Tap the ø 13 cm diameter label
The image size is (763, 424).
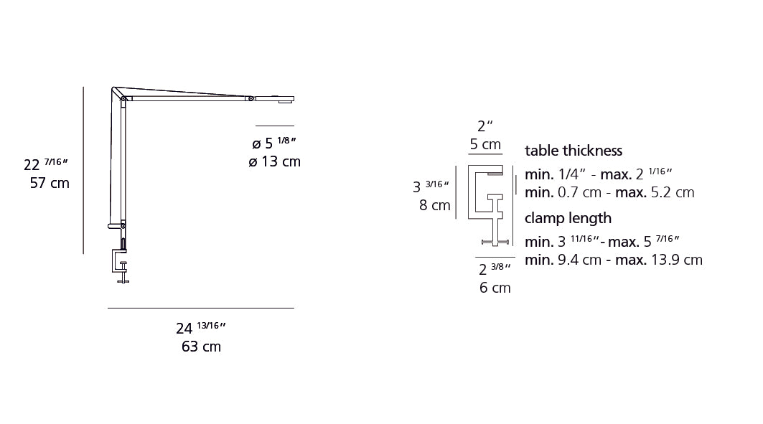274,161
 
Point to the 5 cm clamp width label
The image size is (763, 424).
485,144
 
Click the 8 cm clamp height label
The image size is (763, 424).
434,205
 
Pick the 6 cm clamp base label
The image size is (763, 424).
495,288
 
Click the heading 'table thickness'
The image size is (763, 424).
574,151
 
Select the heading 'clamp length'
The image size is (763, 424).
568,218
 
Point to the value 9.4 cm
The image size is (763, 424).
579,260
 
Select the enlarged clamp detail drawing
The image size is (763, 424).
492,204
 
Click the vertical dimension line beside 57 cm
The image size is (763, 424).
84,170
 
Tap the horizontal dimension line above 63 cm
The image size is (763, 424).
200,308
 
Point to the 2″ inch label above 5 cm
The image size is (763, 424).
485,126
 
